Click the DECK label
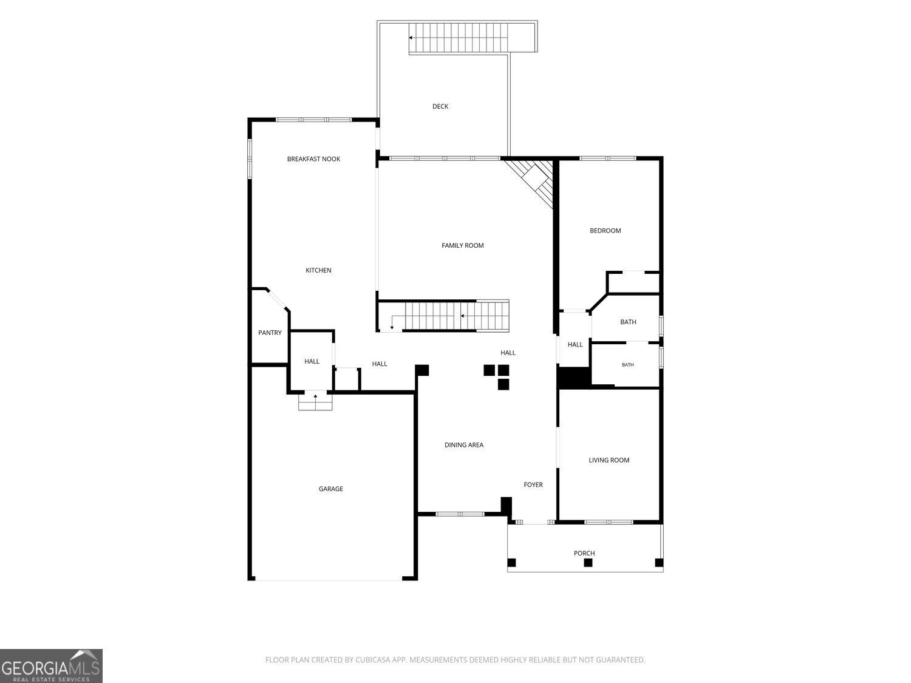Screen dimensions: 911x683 (440, 107)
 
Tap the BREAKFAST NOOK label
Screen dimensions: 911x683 (313, 159)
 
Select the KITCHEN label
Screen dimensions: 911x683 (318, 270)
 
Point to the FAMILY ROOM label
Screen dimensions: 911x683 (462, 245)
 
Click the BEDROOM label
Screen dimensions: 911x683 (605, 231)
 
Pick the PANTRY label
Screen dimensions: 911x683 (270, 333)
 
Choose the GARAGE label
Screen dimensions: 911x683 (331, 489)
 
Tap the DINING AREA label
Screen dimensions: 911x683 (463, 445)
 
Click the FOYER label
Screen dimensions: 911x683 (533, 484)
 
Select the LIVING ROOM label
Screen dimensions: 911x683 (609, 460)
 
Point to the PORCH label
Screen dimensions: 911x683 (584, 553)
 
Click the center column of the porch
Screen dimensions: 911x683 (588, 563)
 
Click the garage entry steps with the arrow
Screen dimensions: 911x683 (315, 401)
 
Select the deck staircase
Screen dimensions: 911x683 (459, 38)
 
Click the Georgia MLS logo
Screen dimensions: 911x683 (51, 666)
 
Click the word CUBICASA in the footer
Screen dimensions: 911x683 (372, 659)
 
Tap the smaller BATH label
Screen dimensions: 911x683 (627, 365)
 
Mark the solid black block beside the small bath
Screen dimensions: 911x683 (574, 378)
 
